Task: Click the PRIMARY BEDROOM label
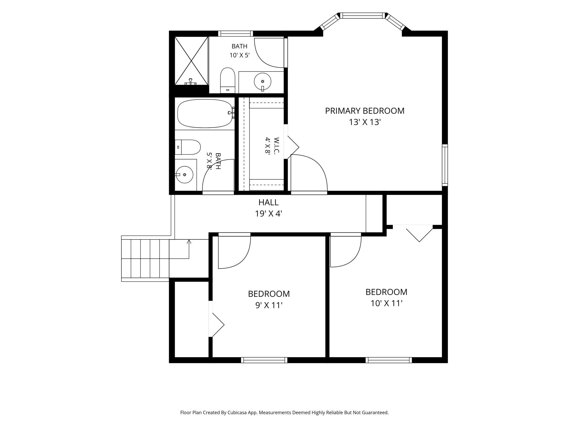(x=365, y=111)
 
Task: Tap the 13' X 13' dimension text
(x=365, y=122)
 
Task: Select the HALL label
(x=269, y=202)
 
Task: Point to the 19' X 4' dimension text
(x=269, y=214)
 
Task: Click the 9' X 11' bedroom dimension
(x=269, y=305)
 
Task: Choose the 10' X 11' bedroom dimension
(x=387, y=303)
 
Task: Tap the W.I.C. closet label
(x=277, y=146)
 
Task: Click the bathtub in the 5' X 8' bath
(x=205, y=113)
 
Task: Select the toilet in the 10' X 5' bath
(x=228, y=80)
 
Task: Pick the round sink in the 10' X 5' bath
(x=263, y=81)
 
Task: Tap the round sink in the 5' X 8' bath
(x=184, y=174)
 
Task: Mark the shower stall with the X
(x=191, y=61)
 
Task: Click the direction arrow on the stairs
(x=189, y=249)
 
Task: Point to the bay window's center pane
(x=362, y=16)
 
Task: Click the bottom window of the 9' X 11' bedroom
(x=264, y=360)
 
